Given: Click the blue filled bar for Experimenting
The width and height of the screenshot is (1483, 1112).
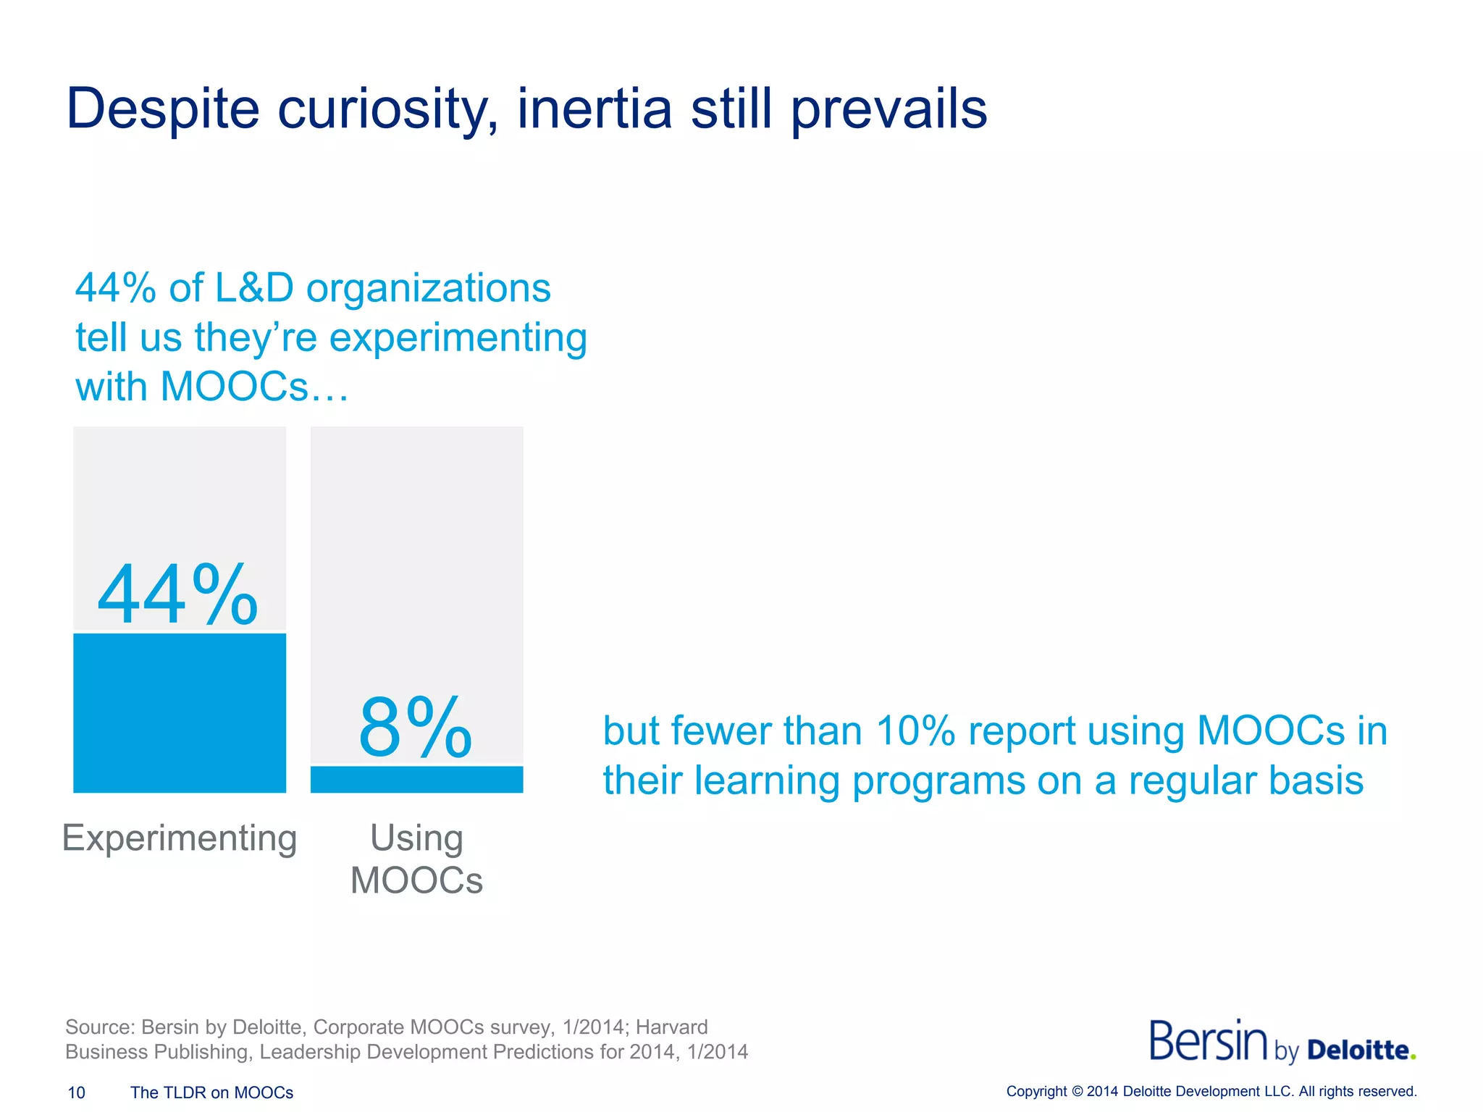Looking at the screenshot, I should (x=180, y=712).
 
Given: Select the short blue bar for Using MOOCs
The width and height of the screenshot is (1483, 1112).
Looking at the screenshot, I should (x=416, y=780).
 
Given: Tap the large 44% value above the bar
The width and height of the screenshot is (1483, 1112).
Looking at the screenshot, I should (x=177, y=595).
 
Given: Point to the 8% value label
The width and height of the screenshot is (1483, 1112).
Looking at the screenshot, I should (x=415, y=728).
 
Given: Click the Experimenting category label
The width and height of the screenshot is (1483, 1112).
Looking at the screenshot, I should (x=180, y=838).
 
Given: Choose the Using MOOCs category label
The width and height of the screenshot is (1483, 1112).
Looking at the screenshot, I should (x=416, y=859).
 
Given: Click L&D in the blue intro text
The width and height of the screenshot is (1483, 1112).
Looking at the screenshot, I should (x=254, y=288).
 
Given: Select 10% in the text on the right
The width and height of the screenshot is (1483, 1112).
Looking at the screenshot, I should (x=915, y=730).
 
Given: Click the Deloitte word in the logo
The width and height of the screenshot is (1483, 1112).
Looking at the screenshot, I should (x=1358, y=1050).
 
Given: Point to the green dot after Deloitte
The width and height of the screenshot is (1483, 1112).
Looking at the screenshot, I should (x=1413, y=1057).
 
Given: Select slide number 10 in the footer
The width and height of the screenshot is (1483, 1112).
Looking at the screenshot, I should (x=76, y=1092).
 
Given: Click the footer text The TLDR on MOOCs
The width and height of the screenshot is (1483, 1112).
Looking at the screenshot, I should (x=211, y=1092).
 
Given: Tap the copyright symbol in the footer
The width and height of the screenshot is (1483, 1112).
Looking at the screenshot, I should (x=1077, y=1092).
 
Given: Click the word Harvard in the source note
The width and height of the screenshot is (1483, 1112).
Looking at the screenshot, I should (x=671, y=1027).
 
